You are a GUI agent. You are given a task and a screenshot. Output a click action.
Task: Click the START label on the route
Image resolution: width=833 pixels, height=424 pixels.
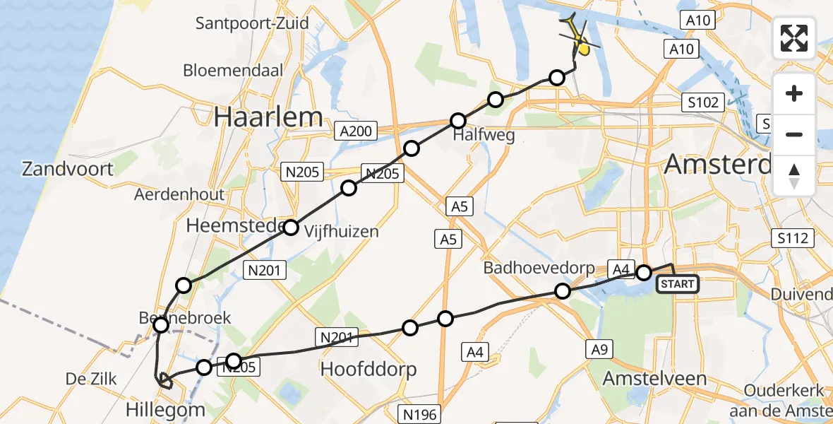(x=677, y=284)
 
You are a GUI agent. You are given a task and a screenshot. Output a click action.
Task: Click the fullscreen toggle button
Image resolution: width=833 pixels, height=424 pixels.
(x=794, y=37)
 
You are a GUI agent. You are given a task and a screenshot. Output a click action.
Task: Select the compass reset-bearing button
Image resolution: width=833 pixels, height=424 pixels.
(x=794, y=176)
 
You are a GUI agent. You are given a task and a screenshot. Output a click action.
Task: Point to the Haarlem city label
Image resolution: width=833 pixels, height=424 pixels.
(x=268, y=117)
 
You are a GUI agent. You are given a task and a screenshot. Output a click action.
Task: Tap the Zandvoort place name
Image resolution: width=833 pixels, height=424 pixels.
(x=68, y=169)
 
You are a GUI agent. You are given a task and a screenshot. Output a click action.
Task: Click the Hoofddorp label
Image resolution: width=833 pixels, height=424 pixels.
(x=368, y=369)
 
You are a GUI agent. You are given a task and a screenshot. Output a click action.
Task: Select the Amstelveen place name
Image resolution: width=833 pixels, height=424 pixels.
(x=654, y=378)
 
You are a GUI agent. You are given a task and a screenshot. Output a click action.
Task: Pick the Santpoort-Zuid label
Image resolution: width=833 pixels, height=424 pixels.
(x=252, y=23)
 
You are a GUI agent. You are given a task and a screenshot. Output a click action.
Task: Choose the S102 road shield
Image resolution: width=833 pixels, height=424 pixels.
(x=702, y=102)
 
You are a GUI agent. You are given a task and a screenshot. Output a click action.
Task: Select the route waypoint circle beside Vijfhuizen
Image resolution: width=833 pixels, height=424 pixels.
(x=291, y=227)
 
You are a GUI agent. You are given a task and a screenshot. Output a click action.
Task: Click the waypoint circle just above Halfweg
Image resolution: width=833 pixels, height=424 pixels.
(x=459, y=120)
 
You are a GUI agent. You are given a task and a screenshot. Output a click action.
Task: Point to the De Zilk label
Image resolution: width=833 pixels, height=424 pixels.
(x=90, y=379)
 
